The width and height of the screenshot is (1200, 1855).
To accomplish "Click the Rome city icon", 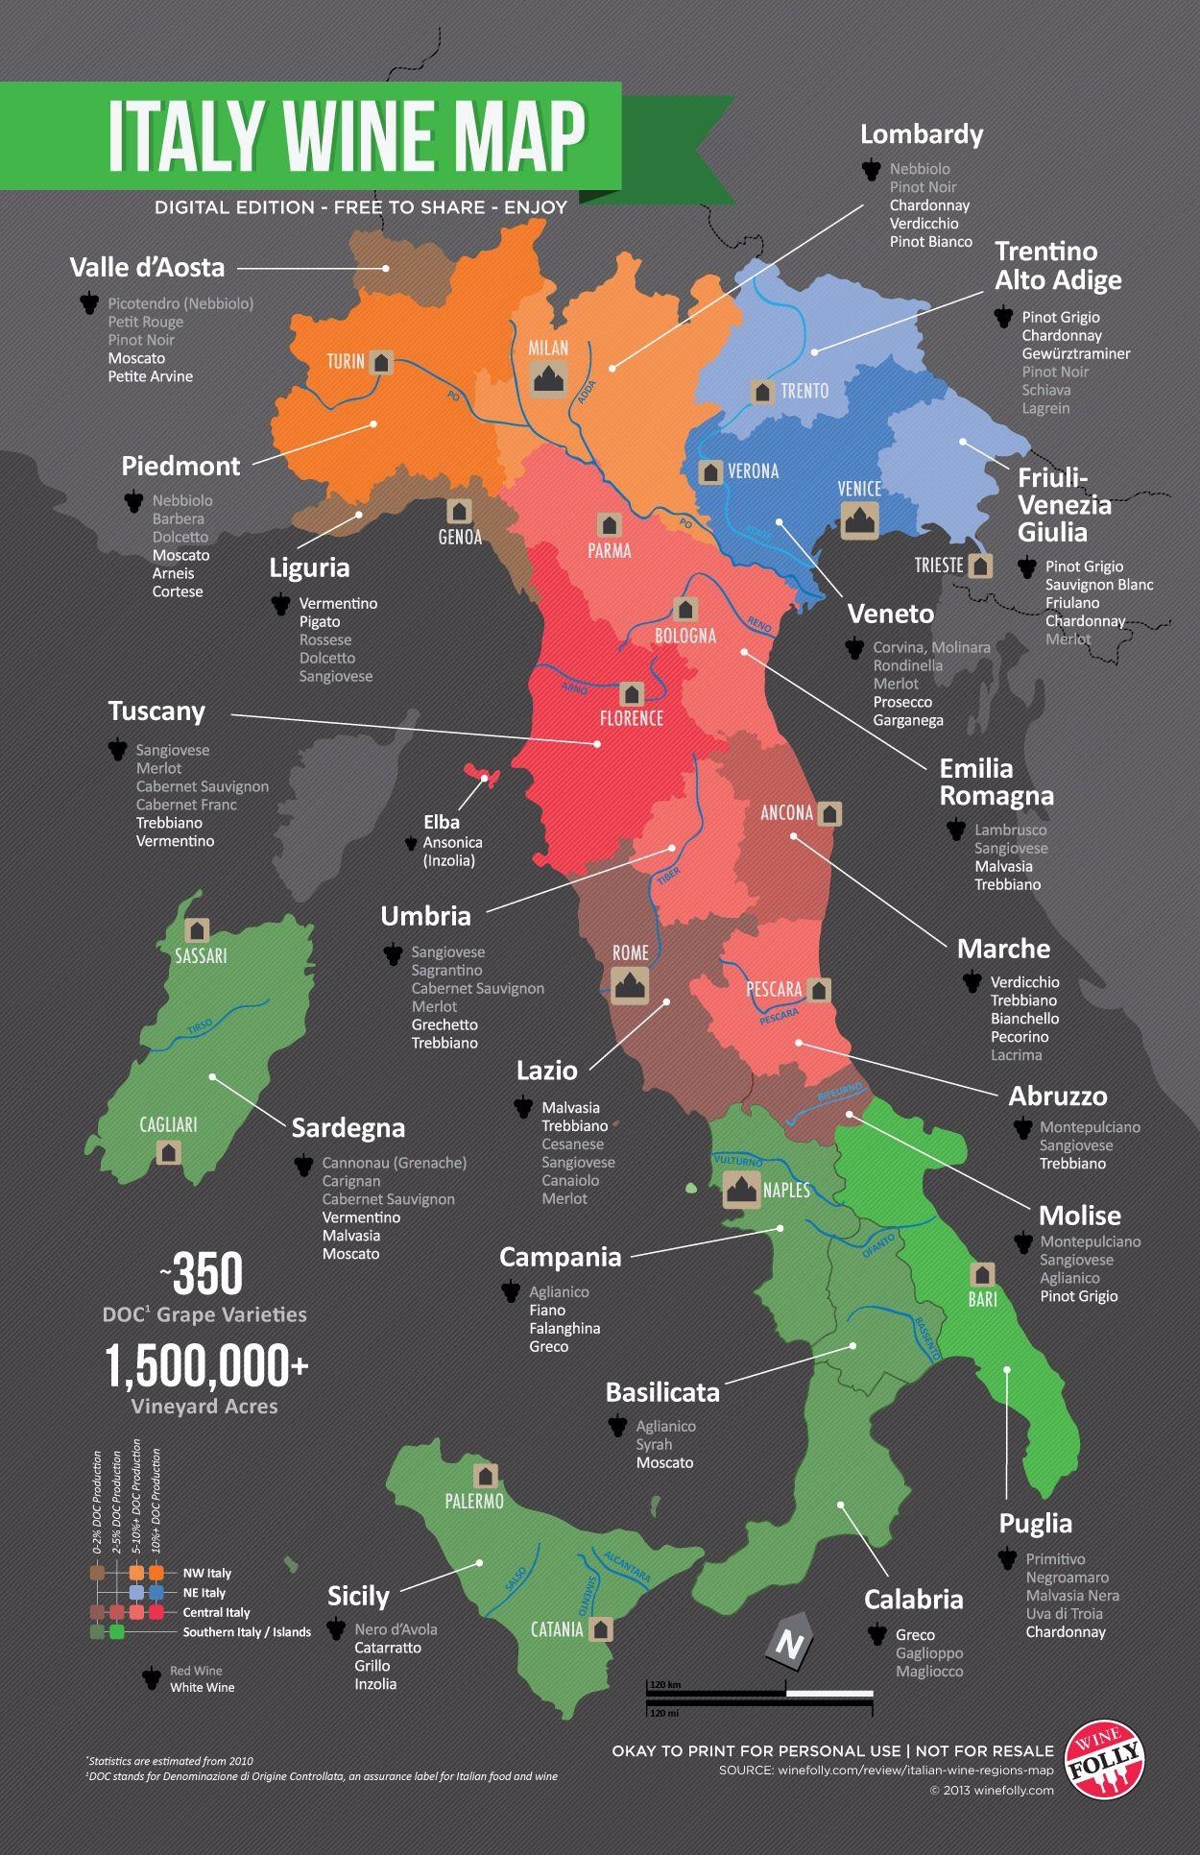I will (x=630, y=985).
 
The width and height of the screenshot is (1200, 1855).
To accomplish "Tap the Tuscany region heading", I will (x=156, y=711).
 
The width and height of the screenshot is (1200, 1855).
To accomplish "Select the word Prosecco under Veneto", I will (x=902, y=702).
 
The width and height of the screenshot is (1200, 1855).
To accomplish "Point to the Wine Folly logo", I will (x=1109, y=1759).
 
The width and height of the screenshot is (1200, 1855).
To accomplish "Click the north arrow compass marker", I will (x=789, y=1645).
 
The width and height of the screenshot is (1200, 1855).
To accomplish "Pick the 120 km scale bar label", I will (x=665, y=1685).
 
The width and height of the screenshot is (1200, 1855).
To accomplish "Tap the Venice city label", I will (x=859, y=489).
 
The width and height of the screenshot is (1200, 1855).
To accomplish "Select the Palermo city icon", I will (x=486, y=1476).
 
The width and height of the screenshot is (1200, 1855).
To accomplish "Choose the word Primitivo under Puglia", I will (x=1055, y=1559).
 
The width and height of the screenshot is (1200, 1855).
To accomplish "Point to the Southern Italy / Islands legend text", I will (x=247, y=1632).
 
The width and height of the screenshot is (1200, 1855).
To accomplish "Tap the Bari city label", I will (x=982, y=1299).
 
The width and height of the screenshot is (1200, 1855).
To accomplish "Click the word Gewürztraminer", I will (x=1075, y=353).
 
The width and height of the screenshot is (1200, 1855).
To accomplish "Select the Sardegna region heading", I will (x=348, y=1128).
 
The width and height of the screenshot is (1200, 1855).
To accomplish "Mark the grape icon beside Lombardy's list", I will (x=871, y=170).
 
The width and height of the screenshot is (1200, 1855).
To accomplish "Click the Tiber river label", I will (x=668, y=876).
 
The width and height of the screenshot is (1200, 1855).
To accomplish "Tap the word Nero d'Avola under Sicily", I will (x=396, y=1629).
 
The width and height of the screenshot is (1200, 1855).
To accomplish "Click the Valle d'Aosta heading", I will (x=147, y=268).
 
